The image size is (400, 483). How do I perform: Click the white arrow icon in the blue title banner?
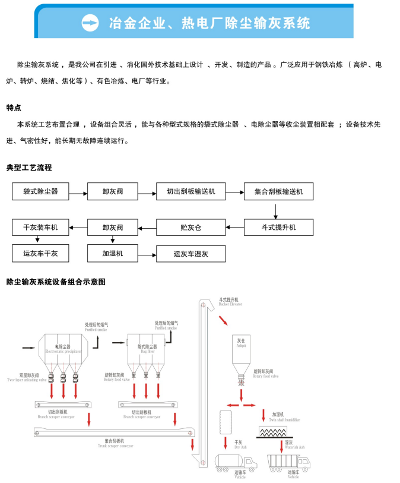(90, 23)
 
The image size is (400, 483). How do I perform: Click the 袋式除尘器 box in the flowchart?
(40, 191)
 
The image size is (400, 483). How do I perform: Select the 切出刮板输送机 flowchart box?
(191, 191)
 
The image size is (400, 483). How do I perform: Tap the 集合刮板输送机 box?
(278, 191)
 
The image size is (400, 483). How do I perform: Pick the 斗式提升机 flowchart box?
(278, 228)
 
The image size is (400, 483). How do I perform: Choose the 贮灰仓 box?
(191, 228)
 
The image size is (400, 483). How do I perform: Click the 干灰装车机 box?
(40, 228)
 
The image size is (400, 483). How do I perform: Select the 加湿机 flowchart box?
(113, 254)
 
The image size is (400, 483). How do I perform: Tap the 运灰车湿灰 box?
(191, 254)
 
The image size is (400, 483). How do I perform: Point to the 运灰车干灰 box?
(40, 254)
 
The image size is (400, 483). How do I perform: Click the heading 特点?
(14, 108)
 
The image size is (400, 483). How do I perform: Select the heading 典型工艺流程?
(29, 168)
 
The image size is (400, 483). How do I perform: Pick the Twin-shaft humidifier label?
(284, 419)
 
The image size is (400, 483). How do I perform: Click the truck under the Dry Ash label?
(236, 462)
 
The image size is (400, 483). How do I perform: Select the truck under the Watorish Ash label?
(288, 462)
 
